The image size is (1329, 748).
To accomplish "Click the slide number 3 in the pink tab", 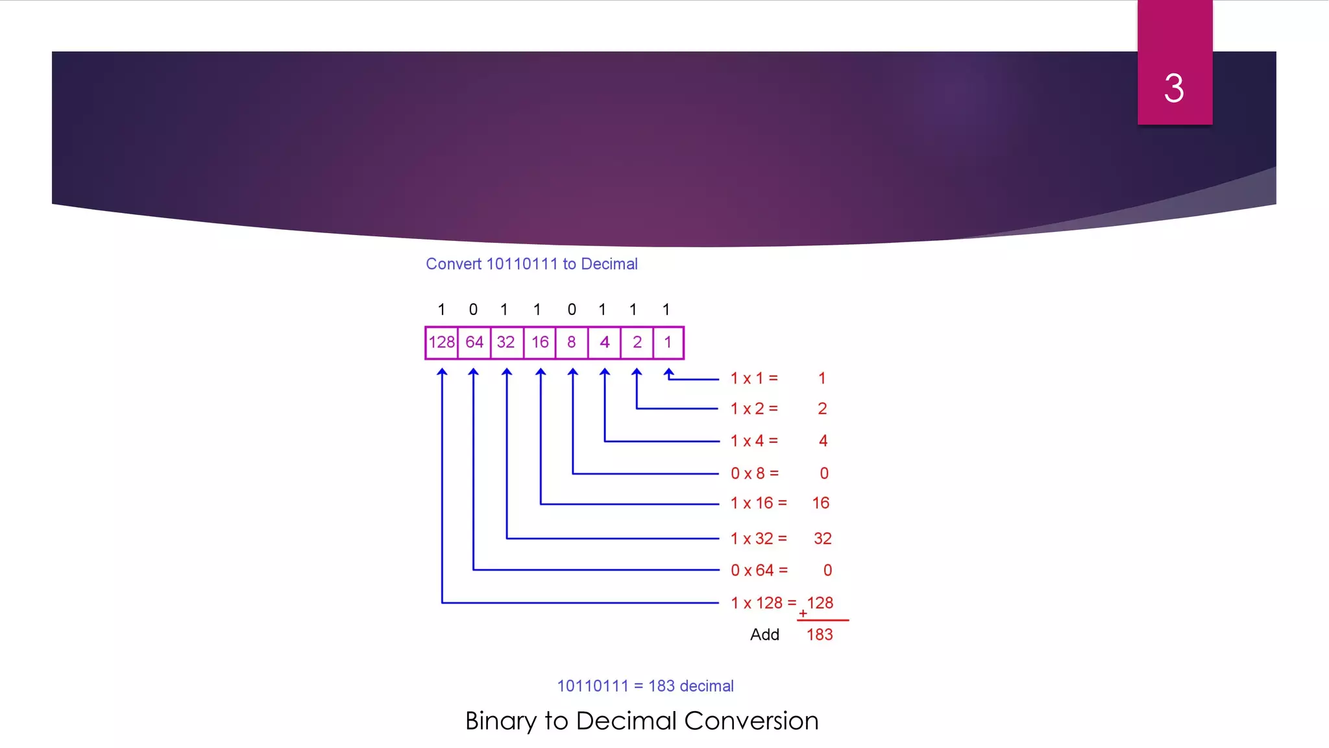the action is pos(1174,88).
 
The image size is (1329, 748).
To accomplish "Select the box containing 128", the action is pos(441,342).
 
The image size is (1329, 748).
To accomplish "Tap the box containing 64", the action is pos(474,342).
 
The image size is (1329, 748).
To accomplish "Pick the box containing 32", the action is pos(506,342).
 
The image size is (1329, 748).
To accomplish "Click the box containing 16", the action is pos(540,342).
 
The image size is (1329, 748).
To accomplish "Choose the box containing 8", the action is pos(572,342).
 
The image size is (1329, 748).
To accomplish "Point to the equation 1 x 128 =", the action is pos(763,603).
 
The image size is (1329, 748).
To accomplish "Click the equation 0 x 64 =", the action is pos(759,570).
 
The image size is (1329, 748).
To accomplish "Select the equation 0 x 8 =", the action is pos(754,473).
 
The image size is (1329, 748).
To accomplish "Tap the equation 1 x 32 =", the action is pos(758,538).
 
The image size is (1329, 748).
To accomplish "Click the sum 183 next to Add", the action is pos(820,634).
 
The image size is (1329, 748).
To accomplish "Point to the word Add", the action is pos(764,634).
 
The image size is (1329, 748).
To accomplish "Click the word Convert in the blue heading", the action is pos(454,264).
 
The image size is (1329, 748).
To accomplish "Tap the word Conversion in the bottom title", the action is pos(751,721).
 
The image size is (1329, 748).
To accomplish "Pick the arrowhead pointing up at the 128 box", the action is pos(442,372).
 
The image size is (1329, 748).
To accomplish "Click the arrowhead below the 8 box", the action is pos(572,372).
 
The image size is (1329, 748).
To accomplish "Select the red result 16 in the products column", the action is pos(821,503).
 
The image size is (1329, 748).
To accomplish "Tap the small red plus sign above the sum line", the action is pos(803,614).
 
